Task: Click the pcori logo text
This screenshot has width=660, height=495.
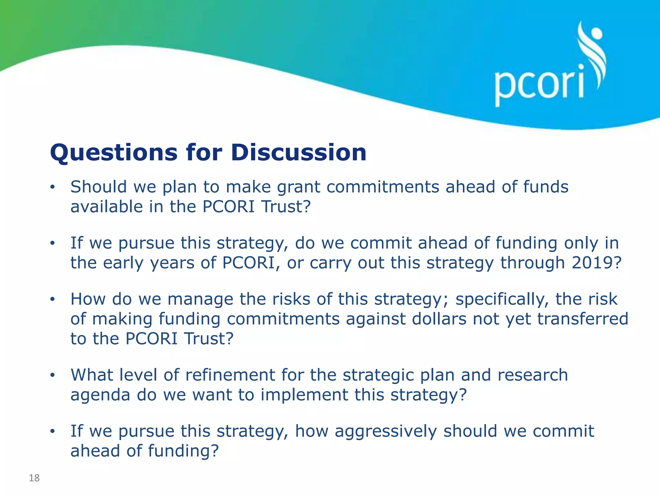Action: point(539,84)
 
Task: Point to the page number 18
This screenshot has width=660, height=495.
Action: point(34,478)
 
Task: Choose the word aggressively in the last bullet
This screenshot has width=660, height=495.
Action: point(385,432)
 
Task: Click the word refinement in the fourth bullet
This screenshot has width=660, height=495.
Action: point(230,375)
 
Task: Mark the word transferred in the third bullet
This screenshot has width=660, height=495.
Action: point(583,319)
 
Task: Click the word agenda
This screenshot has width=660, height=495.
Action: point(100,395)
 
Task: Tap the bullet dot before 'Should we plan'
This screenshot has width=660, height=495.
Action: point(53,187)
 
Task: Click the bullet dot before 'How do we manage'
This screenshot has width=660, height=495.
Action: point(53,299)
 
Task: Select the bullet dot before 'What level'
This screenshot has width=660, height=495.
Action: point(53,375)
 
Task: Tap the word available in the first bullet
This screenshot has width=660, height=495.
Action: point(106,207)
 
